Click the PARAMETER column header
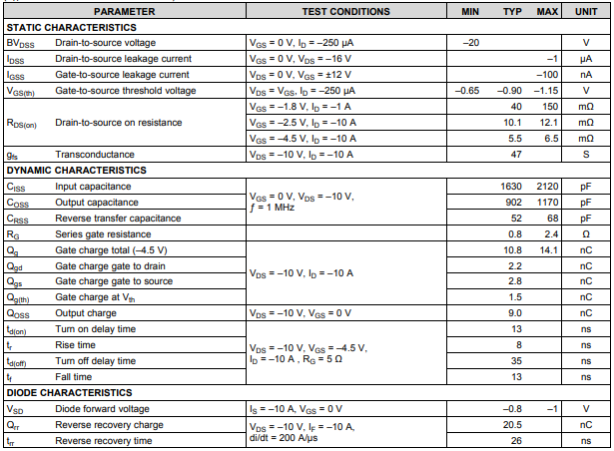(125, 11)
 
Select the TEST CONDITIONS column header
(345, 11)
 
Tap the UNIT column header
(586, 11)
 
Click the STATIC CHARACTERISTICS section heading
(71, 27)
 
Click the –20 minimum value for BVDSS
(472, 43)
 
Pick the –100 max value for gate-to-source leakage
(546, 75)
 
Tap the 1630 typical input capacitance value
(512, 187)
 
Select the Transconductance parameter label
(94, 155)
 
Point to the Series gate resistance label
(106, 233)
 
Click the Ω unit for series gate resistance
(586, 233)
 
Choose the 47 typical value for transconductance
(516, 155)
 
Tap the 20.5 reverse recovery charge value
(513, 424)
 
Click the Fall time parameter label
(76, 377)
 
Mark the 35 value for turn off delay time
(517, 361)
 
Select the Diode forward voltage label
(102, 409)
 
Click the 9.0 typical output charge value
(515, 313)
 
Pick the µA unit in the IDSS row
(586, 59)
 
